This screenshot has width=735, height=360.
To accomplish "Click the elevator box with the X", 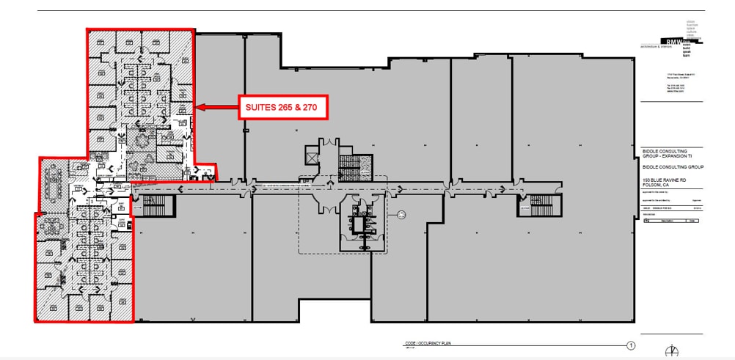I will click(x=311, y=156).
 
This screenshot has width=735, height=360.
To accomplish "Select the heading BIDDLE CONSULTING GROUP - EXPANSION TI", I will click(x=668, y=153).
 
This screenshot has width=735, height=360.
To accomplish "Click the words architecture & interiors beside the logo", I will click(x=656, y=46).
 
